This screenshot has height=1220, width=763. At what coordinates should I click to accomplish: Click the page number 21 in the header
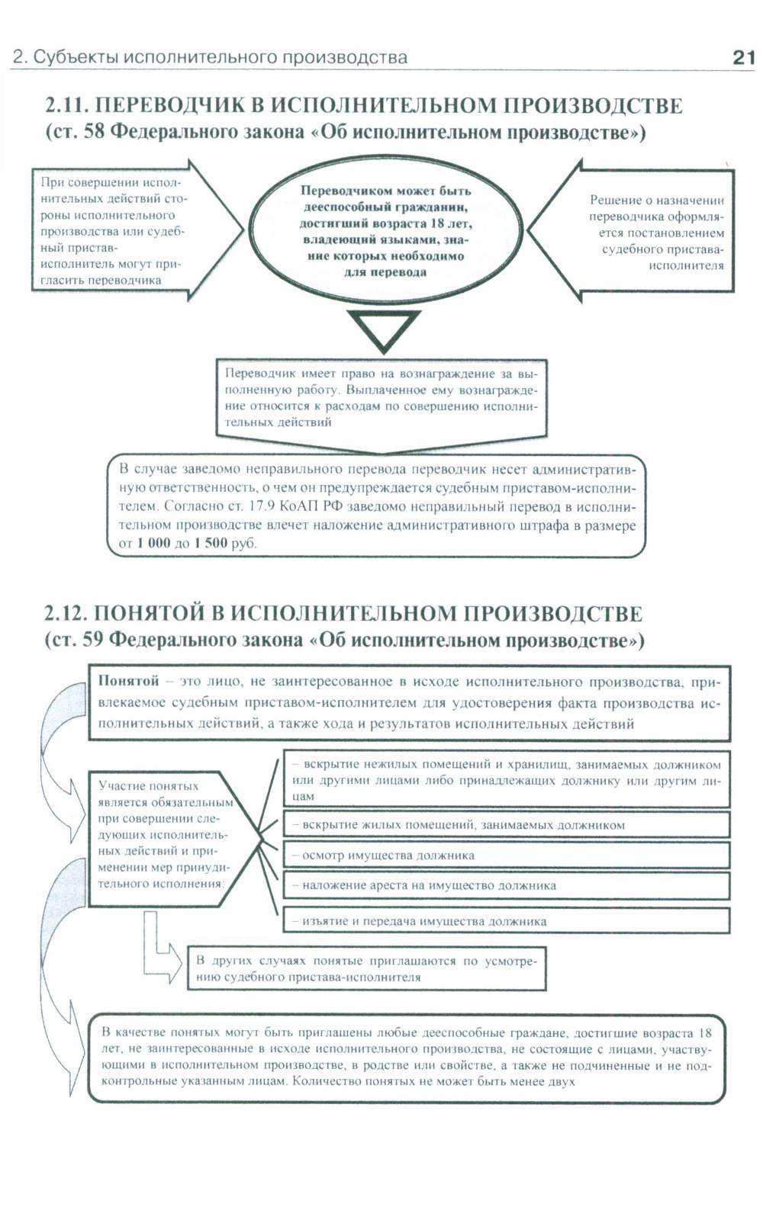point(742,57)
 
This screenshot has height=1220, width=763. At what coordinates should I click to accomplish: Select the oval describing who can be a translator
point(385,231)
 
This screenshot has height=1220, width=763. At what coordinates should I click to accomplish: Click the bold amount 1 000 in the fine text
point(153,544)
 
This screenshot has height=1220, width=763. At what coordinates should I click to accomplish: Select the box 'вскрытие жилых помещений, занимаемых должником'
point(506,825)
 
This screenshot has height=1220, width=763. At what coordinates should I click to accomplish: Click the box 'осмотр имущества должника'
point(506,856)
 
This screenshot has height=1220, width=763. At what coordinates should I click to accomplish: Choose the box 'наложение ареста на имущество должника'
point(506,886)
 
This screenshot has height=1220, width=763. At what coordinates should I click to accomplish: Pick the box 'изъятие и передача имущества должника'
point(506,921)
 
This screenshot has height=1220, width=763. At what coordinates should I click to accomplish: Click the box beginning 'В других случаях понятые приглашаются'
point(366,969)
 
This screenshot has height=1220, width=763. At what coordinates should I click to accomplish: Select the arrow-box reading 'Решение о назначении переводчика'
point(649,232)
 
